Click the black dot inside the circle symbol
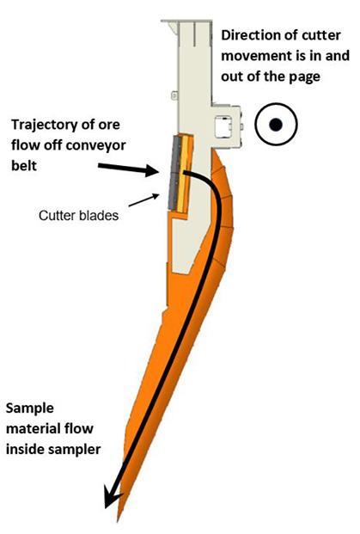tap(276, 125)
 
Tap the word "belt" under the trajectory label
tap(24, 165)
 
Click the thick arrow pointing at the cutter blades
tap(129, 169)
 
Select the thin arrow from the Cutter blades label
tap(143, 200)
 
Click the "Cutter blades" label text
tap(78, 216)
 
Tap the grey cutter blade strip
tap(174, 173)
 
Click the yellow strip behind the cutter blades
tap(183, 174)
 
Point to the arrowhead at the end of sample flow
tap(113, 500)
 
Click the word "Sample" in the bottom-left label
tap(30, 408)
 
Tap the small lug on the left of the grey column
tap(174, 95)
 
